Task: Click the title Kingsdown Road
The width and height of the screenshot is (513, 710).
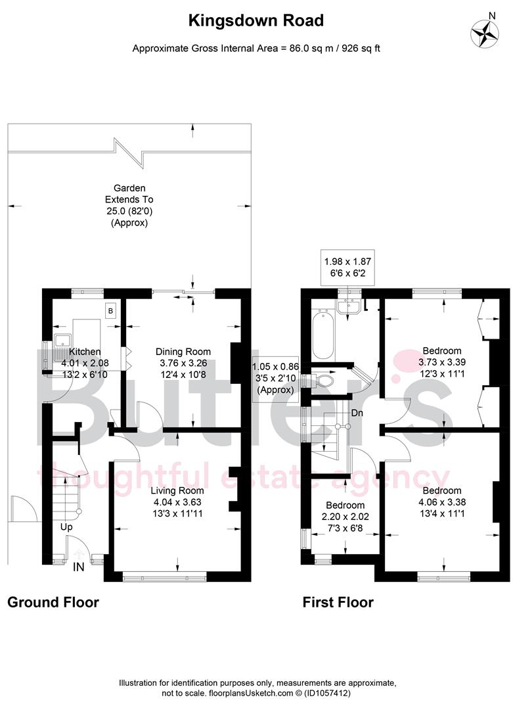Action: pyautogui.click(x=256, y=21)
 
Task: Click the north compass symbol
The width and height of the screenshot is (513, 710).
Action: pyautogui.click(x=485, y=32)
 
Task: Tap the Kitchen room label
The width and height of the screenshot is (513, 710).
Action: pyautogui.click(x=85, y=352)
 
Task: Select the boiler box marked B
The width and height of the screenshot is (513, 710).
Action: pyautogui.click(x=110, y=310)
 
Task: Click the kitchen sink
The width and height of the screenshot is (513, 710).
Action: pyautogui.click(x=64, y=340)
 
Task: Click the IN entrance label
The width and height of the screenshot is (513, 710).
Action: pyautogui.click(x=78, y=566)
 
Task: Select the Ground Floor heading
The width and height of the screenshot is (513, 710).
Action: pyautogui.click(x=53, y=602)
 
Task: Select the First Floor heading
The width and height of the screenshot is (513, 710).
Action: pyautogui.click(x=338, y=602)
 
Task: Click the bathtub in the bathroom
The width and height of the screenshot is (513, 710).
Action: pyautogui.click(x=323, y=336)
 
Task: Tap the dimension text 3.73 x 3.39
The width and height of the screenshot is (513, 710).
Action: pyautogui.click(x=441, y=362)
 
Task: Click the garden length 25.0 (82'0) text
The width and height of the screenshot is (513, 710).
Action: pyautogui.click(x=129, y=210)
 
